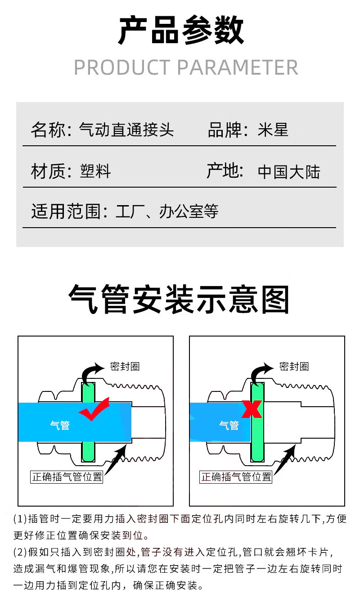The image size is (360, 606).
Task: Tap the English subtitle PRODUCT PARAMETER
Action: point(185,67)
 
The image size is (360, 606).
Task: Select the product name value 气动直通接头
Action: point(126,130)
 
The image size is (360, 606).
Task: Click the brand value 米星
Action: point(273,130)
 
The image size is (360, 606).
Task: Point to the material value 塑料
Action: point(95,171)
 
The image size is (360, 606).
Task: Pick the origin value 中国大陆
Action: point(289,172)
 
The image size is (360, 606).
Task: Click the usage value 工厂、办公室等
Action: point(167,211)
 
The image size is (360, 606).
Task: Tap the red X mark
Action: point(252,409)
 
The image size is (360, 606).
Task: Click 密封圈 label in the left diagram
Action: point(125,366)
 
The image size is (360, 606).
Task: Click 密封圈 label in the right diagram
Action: point(294,366)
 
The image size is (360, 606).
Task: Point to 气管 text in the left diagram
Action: point(60,425)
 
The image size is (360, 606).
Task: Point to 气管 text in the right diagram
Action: point(229,425)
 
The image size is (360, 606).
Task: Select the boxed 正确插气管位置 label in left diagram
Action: point(67,477)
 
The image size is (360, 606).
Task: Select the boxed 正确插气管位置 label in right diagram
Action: point(236,477)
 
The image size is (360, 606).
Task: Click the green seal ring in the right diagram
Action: point(257,441)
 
